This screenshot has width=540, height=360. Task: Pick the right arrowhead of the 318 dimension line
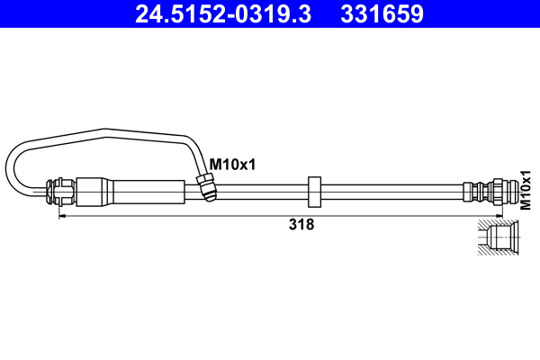click(x=472, y=216)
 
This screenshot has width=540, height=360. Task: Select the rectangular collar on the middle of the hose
click(x=314, y=191)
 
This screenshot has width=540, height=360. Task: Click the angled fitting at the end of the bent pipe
click(x=206, y=188)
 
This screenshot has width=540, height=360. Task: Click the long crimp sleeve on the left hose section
click(x=135, y=192)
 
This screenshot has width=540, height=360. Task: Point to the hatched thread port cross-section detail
click(x=497, y=240)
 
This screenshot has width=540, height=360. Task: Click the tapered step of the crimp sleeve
click(x=112, y=192)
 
